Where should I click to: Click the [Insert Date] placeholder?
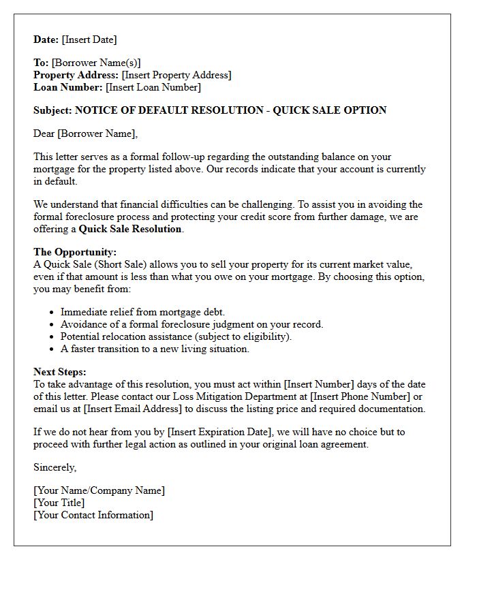pyautogui.click(x=89, y=40)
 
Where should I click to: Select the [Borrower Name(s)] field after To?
pyautogui.click(x=96, y=63)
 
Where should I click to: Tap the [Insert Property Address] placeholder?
pyautogui.click(x=176, y=75)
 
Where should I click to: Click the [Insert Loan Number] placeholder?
pyautogui.click(x=153, y=87)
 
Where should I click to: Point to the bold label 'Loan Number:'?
pyautogui.click(x=68, y=87)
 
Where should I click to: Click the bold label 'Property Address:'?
pyautogui.click(x=76, y=75)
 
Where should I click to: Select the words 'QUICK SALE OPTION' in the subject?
pyautogui.click(x=330, y=110)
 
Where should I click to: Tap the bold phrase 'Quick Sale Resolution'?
pyautogui.click(x=130, y=229)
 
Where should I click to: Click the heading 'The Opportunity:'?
pyautogui.click(x=75, y=252)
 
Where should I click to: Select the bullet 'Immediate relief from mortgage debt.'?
pyautogui.click(x=142, y=312)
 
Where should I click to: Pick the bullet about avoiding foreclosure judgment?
pyautogui.click(x=191, y=324)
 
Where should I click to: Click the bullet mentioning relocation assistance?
pyautogui.click(x=176, y=336)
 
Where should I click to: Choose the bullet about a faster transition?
pyautogui.click(x=155, y=349)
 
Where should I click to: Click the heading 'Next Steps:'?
pyautogui.click(x=60, y=372)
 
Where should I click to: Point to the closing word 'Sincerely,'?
pyautogui.click(x=55, y=467)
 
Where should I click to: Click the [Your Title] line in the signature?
pyautogui.click(x=59, y=503)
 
